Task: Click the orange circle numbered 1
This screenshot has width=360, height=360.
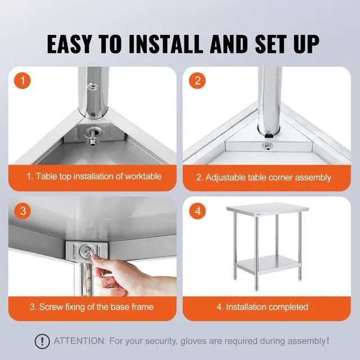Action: [x=23, y=80]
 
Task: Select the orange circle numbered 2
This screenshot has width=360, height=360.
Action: [x=196, y=80]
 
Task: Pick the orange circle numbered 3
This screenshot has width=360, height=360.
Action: [x=23, y=211]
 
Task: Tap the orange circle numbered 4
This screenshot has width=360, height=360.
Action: [x=196, y=211]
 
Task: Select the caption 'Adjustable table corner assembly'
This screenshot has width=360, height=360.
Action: [x=263, y=177]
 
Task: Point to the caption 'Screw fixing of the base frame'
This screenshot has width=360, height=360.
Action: [x=92, y=307]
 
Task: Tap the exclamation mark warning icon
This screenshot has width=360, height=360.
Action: [x=41, y=341]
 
